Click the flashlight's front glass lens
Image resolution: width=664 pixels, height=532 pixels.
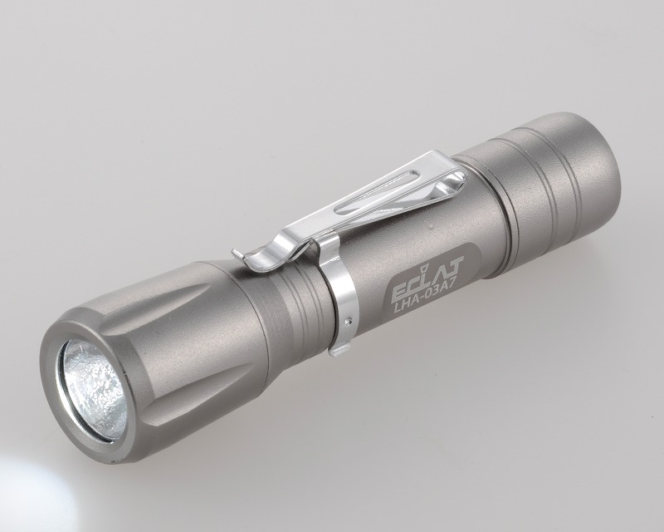point(93,389)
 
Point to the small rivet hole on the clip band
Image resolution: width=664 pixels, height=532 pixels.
point(348,321)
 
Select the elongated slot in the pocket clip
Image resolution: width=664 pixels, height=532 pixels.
point(377,195)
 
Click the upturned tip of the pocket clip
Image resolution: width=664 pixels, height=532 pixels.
point(238,253)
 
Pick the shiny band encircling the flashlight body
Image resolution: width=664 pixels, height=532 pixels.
point(339,293)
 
